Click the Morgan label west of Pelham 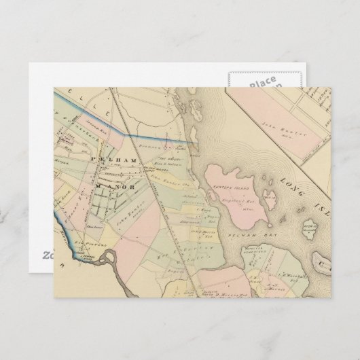[69, 162]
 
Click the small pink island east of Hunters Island [270, 201]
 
